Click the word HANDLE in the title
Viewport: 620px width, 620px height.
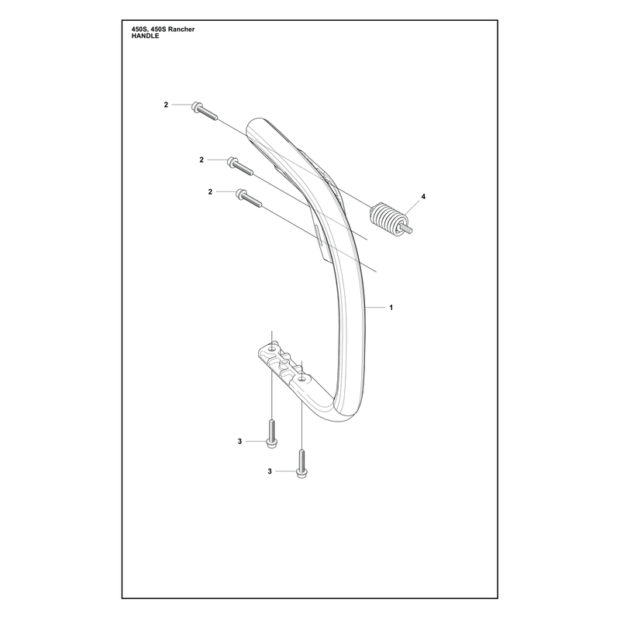[x=146, y=36]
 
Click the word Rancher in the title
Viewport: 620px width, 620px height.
[x=181, y=29]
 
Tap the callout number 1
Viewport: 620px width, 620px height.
[x=391, y=307]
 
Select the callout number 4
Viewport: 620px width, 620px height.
[x=423, y=197]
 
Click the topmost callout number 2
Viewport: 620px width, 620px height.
[x=166, y=105]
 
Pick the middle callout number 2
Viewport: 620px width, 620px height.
[x=201, y=160]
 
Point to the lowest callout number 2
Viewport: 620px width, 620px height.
[x=210, y=191]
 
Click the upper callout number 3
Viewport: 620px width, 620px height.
[x=239, y=441]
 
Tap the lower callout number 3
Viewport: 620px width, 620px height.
[x=270, y=471]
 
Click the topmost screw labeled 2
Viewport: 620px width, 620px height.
[x=205, y=111]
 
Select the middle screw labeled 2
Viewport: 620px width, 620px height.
[x=239, y=166]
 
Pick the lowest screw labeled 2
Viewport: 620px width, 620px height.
[x=249, y=198]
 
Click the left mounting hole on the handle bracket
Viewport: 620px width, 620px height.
[x=272, y=350]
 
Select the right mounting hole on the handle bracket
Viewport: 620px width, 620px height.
[x=301, y=379]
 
